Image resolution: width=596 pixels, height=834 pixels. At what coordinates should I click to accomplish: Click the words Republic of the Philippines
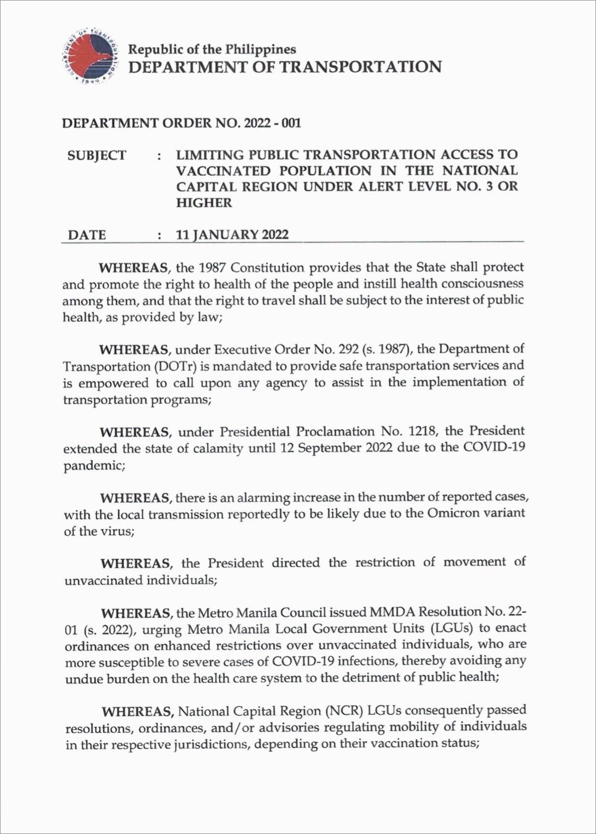click(x=212, y=49)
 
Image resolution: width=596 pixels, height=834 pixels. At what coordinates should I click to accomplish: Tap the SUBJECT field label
click(x=97, y=155)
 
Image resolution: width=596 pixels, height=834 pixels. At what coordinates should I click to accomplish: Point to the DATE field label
click(x=87, y=235)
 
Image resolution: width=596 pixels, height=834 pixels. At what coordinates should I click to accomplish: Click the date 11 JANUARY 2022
click(x=232, y=235)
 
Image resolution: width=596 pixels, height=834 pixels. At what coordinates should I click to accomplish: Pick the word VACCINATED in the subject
click(x=223, y=171)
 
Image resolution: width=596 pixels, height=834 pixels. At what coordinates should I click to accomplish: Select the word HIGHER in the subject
click(x=204, y=203)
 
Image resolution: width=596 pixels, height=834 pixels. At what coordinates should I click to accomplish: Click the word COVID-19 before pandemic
click(x=494, y=447)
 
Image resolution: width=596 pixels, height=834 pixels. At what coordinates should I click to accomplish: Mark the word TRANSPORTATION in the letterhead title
click(x=361, y=67)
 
